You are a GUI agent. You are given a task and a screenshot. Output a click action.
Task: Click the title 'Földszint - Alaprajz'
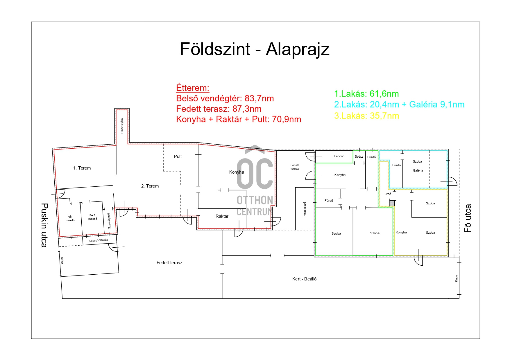[x=255, y=49]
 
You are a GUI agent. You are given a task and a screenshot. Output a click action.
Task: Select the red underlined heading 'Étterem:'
[x=193, y=88]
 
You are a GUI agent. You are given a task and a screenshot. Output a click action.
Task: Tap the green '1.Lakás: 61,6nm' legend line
[x=366, y=94]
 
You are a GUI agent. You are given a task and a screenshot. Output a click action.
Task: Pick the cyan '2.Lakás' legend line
[x=399, y=105]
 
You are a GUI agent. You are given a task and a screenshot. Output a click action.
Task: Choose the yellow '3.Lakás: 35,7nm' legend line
[x=366, y=116]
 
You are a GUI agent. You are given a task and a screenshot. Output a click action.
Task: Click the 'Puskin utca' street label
[x=44, y=225]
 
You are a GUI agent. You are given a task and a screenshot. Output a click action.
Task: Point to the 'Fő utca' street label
[x=468, y=219]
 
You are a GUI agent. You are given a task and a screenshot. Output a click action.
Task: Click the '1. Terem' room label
[x=82, y=168]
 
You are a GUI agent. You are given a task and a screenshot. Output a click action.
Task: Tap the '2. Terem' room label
[x=150, y=186]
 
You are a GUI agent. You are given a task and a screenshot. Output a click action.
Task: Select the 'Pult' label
[x=178, y=156]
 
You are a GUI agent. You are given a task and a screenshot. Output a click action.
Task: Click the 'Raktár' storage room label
[x=222, y=216]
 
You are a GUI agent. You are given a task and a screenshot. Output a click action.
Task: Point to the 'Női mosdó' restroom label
[x=70, y=219]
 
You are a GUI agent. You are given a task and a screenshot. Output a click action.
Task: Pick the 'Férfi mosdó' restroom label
[x=93, y=217]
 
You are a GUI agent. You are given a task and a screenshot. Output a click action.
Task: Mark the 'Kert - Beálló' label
[x=304, y=279]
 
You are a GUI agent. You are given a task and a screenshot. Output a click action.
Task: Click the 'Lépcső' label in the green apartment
[x=339, y=156]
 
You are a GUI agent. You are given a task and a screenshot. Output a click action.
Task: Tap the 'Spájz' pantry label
[x=359, y=157]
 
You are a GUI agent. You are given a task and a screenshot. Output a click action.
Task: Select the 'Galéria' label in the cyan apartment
[x=418, y=170]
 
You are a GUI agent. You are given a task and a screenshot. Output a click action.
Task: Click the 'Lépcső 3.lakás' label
[x=99, y=240]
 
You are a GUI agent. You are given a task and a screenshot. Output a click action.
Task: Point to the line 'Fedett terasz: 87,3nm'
[x=219, y=109]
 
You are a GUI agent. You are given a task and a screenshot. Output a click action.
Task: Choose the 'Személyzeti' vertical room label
[x=109, y=221]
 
